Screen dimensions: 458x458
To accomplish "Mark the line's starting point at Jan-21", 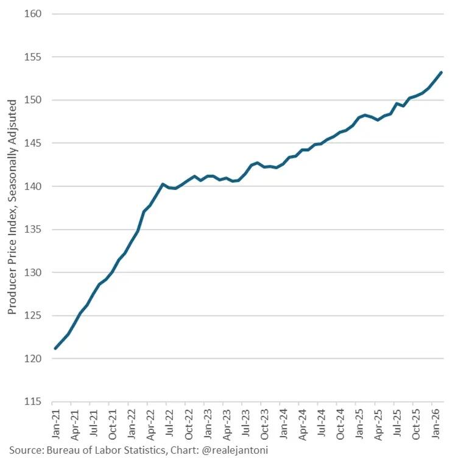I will tap(55, 348).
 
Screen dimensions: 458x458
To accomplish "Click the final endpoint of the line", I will tap(441, 72).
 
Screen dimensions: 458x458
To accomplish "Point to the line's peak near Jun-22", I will tap(163, 184).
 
